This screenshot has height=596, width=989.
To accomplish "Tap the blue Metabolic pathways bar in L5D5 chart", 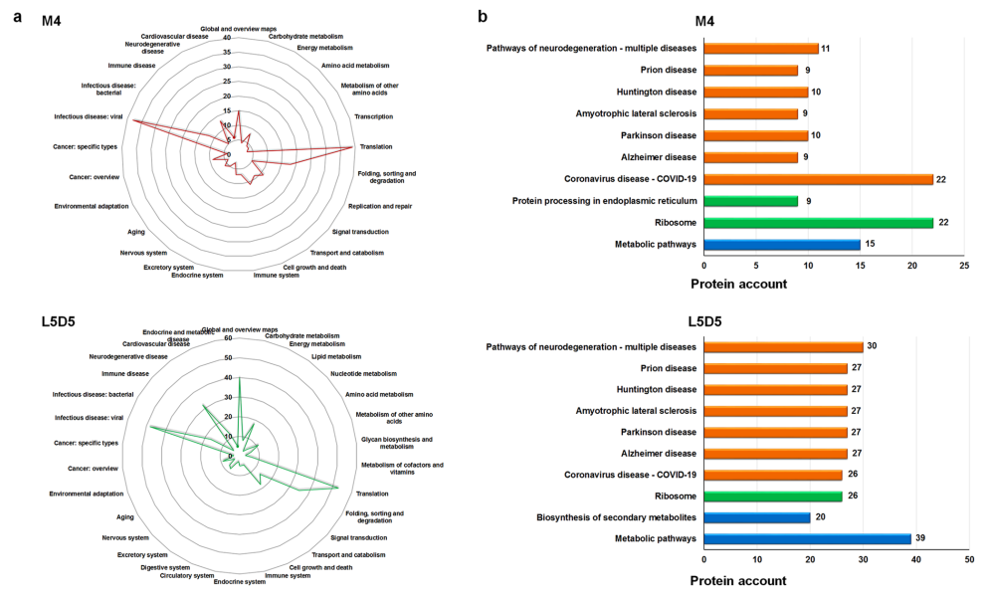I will click(x=807, y=538).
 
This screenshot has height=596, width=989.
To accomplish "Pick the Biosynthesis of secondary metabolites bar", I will click(x=757, y=517).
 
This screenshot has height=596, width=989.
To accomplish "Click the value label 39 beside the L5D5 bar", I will click(x=922, y=538).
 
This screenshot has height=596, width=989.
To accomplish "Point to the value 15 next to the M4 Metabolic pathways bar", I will click(x=871, y=244).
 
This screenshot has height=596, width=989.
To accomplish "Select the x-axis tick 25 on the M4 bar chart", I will click(x=963, y=266).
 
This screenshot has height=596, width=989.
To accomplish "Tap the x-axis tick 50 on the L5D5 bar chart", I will click(x=969, y=560).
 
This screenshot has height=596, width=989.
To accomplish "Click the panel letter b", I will click(x=483, y=16).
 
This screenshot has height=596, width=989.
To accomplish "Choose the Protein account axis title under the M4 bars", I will click(x=738, y=284).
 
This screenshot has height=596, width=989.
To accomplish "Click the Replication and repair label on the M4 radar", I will click(x=380, y=206).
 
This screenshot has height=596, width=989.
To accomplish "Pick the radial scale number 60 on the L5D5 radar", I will click(x=228, y=338).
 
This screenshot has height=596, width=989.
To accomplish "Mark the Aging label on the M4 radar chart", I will click(x=137, y=231).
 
